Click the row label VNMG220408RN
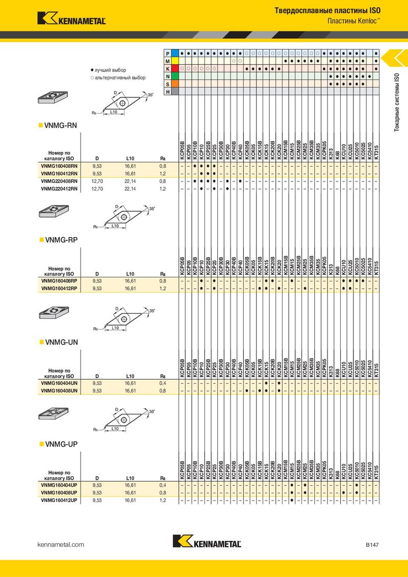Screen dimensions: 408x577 coord(59,181)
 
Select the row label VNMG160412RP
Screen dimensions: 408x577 coord(59,288)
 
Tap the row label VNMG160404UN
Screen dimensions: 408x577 coord(59,383)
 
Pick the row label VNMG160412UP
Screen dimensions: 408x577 coord(59,500)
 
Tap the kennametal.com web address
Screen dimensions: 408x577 coord(61,544)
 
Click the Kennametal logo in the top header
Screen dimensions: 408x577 coord(71,18)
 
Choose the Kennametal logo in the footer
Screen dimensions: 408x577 coord(207,541)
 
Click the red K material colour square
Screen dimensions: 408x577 coord(175,68)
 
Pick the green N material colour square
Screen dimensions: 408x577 coord(175,76)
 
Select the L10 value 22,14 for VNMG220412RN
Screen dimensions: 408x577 coord(130,189)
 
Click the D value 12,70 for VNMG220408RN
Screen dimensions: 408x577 coord(97,181)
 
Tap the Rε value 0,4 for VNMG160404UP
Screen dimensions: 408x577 coord(163,485)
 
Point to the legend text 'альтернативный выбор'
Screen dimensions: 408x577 coord(120,77)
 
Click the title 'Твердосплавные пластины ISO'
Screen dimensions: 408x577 coord(328,11)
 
